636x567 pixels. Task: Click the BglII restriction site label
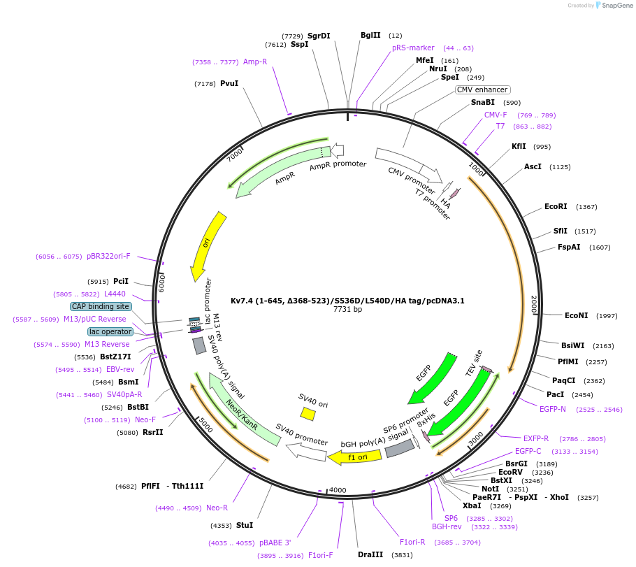(x=370, y=35)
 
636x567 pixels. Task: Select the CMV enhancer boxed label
(x=482, y=89)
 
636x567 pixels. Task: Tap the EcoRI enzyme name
(x=556, y=207)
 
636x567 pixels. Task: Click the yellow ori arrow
(x=208, y=245)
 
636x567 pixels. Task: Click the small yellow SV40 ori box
(x=308, y=414)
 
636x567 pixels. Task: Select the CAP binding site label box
(x=100, y=306)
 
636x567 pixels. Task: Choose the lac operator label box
(x=110, y=331)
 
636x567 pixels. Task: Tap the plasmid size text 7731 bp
(x=347, y=309)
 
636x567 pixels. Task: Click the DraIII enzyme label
(x=370, y=554)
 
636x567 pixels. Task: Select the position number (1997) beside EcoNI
(x=607, y=316)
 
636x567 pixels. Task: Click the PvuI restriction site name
(x=229, y=83)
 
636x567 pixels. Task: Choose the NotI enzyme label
(x=490, y=489)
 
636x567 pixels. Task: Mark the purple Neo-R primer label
(x=217, y=508)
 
